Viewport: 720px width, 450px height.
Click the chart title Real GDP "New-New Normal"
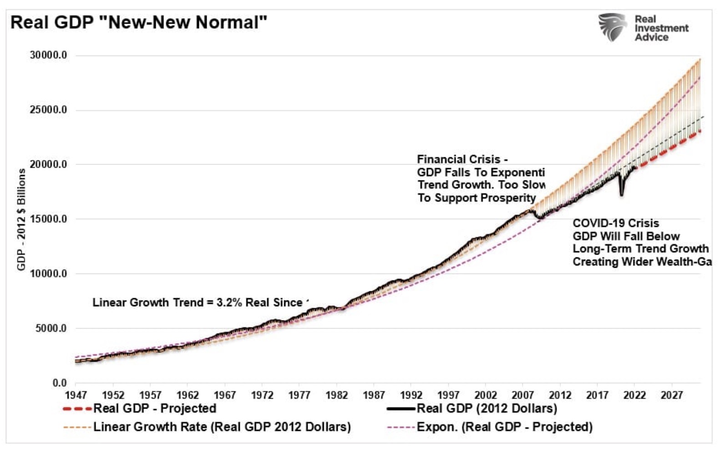[x=139, y=22]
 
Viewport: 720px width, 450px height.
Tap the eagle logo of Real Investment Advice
[x=613, y=27]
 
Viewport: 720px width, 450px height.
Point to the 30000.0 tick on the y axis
[x=48, y=55]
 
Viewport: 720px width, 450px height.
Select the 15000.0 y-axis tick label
[x=48, y=219]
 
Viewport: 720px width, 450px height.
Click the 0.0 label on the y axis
[x=59, y=383]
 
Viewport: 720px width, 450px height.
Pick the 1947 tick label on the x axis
[x=76, y=395]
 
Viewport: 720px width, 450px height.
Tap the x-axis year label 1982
[x=337, y=395]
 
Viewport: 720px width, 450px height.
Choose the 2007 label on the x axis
[x=523, y=395]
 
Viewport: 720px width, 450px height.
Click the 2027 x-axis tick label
[x=672, y=395]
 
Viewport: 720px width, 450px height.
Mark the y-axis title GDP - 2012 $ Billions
[x=21, y=219]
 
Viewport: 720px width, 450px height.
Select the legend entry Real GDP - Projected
[x=155, y=408]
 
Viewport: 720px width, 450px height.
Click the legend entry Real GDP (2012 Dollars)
[x=487, y=408]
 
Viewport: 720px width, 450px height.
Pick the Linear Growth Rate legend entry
[x=222, y=427]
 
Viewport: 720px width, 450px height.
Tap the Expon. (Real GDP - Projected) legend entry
[x=504, y=427]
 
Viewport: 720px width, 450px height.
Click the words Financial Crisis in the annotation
[x=458, y=160]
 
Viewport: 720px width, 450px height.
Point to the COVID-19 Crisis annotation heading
[x=615, y=223]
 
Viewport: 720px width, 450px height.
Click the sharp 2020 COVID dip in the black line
[x=622, y=193]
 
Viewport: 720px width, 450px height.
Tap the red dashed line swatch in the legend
[x=77, y=409]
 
